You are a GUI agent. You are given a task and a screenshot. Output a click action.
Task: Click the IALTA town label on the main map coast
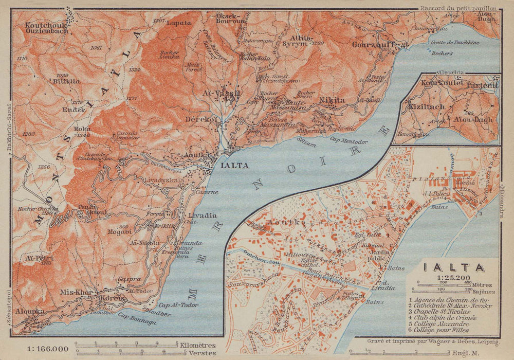tap(234, 166)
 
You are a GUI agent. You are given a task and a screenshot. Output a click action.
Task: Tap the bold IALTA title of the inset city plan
tap(453, 268)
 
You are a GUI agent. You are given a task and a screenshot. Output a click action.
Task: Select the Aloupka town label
tap(28, 312)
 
